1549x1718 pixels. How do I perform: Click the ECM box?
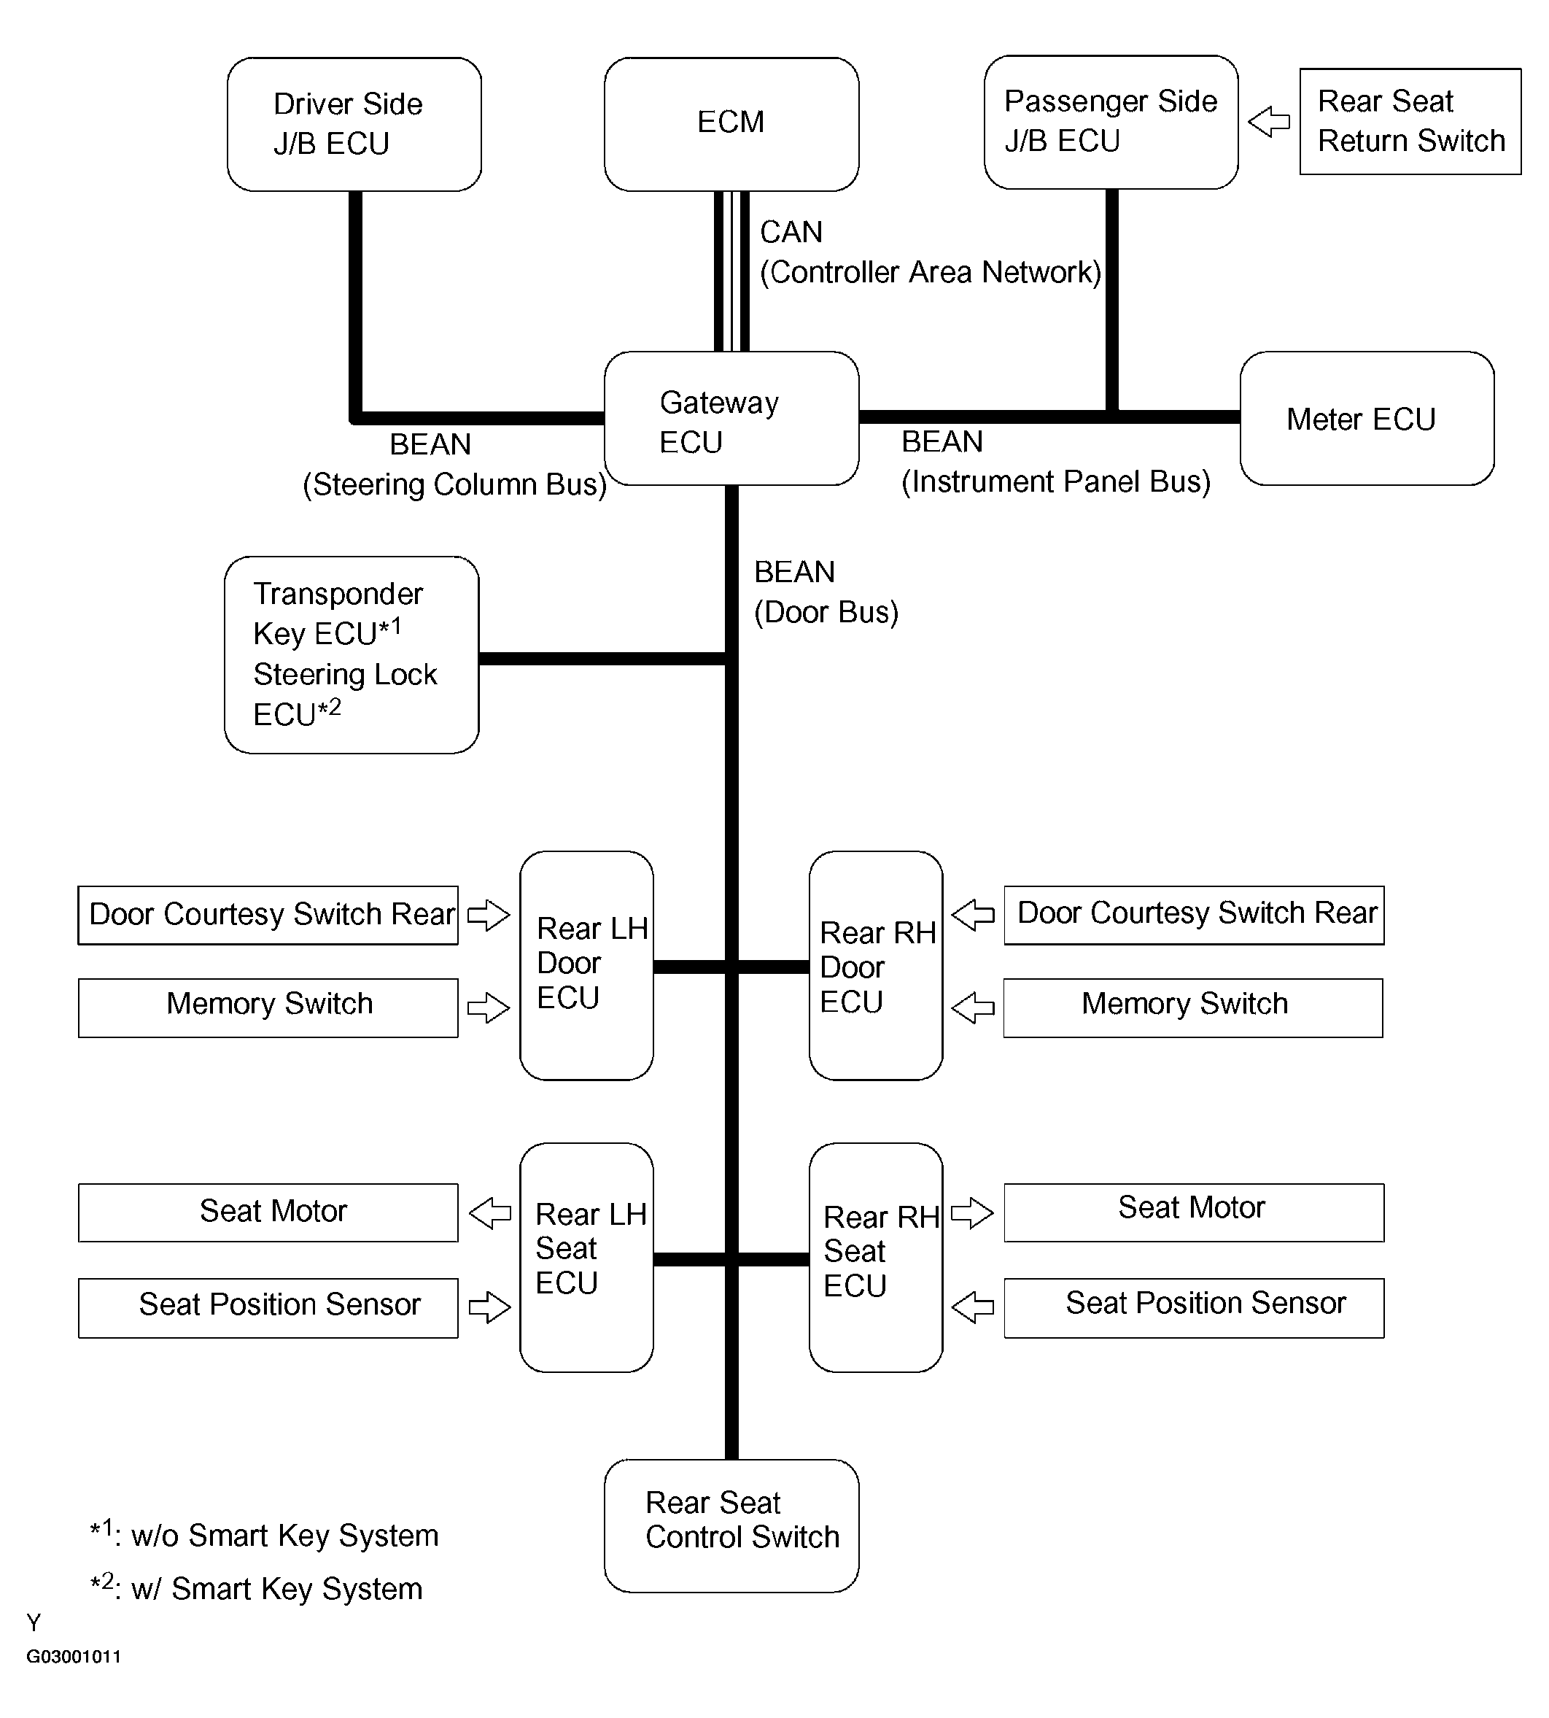[731, 124]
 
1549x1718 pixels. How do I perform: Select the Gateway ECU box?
[731, 418]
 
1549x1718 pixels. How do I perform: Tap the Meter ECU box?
[1367, 418]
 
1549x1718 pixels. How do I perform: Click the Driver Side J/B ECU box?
[354, 124]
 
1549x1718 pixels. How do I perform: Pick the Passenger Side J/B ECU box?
[1111, 123]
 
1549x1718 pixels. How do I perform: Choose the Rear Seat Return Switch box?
[1410, 122]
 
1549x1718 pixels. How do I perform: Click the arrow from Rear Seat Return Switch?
[1269, 122]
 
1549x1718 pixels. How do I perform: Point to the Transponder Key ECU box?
[352, 654]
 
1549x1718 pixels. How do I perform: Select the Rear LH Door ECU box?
[586, 965]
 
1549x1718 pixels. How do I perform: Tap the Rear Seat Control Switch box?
[731, 1525]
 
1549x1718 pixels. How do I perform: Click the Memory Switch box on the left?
[268, 1008]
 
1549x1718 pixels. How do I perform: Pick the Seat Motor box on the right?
[1194, 1212]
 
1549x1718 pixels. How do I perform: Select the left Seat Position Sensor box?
[268, 1308]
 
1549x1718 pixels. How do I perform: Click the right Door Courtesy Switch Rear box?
[1194, 916]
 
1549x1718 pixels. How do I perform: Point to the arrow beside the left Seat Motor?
[490, 1213]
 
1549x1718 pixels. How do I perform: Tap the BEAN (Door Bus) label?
[826, 592]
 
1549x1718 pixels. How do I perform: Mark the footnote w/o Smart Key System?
[265, 1534]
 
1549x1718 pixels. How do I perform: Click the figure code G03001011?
[74, 1657]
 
